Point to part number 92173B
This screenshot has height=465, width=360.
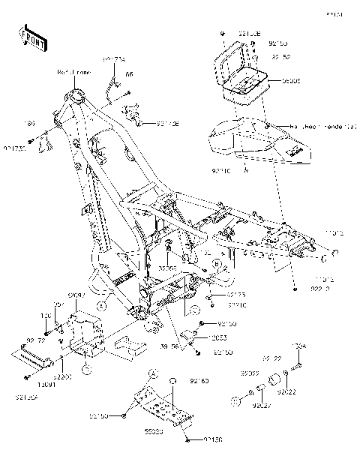pyautogui.click(x=168, y=124)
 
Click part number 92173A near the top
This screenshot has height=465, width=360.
pyautogui.click(x=114, y=58)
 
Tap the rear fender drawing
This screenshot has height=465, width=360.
pyautogui.click(x=255, y=142)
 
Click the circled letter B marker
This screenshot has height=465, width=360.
pyautogui.click(x=215, y=264)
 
